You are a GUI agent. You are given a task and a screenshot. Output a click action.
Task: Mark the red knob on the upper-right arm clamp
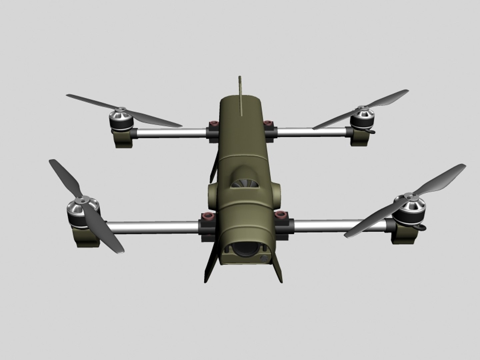(x=267, y=123)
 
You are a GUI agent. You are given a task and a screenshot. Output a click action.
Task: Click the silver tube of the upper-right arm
(x=312, y=133)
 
